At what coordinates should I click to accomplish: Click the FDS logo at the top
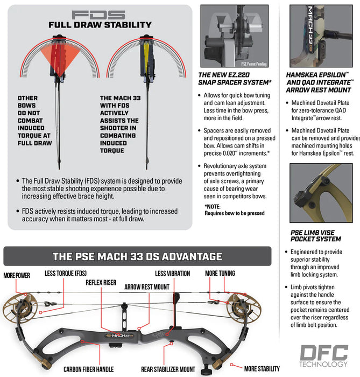pos(99,15)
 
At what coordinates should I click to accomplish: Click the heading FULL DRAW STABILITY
pos(100,25)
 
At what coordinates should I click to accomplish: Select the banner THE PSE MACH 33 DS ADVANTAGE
pos(137,256)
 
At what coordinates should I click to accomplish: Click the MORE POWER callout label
pos(17,275)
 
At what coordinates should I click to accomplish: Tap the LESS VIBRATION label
pos(172,274)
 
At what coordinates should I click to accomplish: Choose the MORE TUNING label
pos(220,274)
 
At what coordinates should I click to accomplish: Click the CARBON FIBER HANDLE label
pos(88,369)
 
